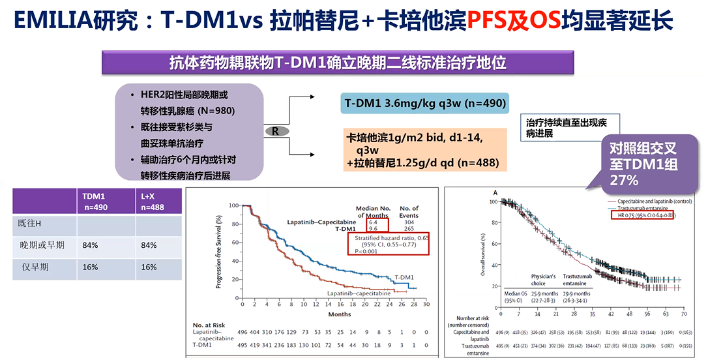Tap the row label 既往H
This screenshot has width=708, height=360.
click(30, 224)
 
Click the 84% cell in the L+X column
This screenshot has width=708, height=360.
click(149, 245)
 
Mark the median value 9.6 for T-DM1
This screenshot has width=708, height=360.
click(373, 229)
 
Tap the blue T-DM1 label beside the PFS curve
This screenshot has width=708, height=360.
click(405, 277)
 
